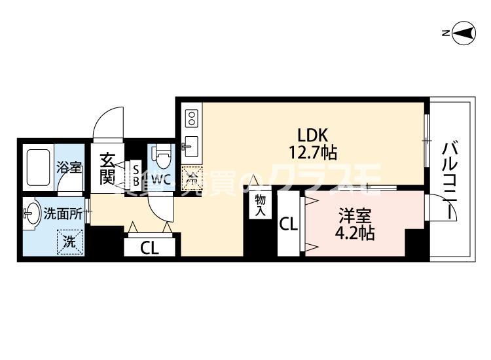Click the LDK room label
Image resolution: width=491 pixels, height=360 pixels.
pos(312,135)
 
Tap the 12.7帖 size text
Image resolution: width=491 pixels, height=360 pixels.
pos(312,153)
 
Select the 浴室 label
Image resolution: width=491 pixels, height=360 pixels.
pos(69,167)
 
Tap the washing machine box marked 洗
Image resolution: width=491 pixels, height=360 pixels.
pos(69,241)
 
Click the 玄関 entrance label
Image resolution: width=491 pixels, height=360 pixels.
pos(107,167)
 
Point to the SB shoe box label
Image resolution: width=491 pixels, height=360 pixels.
pos(136,174)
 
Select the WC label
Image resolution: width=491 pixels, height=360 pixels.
pos(162,178)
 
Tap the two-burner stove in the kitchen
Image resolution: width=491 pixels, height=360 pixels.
pos(191,118)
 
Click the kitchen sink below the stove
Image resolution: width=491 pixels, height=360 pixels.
pos(191,145)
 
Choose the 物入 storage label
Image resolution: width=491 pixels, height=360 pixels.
pos(259,204)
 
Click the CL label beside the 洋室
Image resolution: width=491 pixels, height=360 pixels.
pos(289,224)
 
